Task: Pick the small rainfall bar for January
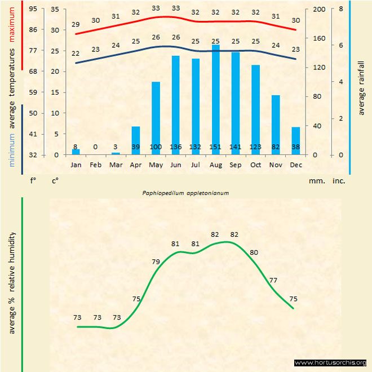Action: click(76, 152)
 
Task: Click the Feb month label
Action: click(96, 165)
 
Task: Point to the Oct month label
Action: click(255, 165)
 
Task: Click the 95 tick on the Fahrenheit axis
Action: click(33, 9)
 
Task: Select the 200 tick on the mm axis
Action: click(318, 9)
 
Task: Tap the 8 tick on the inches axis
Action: click(340, 9)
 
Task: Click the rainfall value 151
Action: click(215, 147)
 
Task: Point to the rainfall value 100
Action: click(156, 147)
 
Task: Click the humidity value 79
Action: click(156, 261)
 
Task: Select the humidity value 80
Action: click(254, 252)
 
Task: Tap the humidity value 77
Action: click(273, 280)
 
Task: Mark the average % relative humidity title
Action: click(12, 282)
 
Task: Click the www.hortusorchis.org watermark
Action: click(330, 362)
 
